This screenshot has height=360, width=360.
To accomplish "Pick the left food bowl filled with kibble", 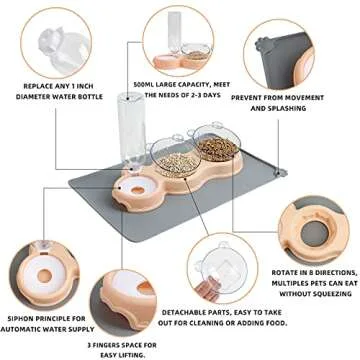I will [x=169, y=160].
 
